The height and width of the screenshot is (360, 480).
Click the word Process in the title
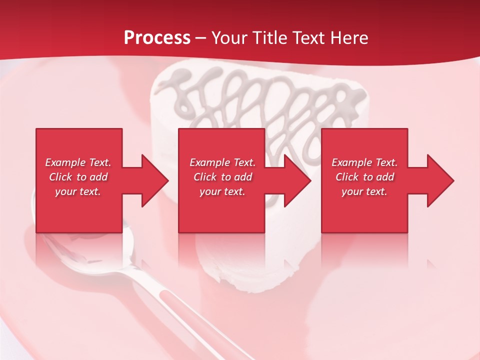tap(157, 38)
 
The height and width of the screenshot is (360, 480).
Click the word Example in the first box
tap(65, 162)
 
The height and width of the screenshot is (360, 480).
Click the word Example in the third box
tap(352, 162)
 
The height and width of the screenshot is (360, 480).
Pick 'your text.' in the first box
tap(78, 191)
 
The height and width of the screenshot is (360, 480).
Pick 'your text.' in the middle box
tap(222, 191)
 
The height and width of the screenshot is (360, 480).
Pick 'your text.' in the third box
tap(364, 191)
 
